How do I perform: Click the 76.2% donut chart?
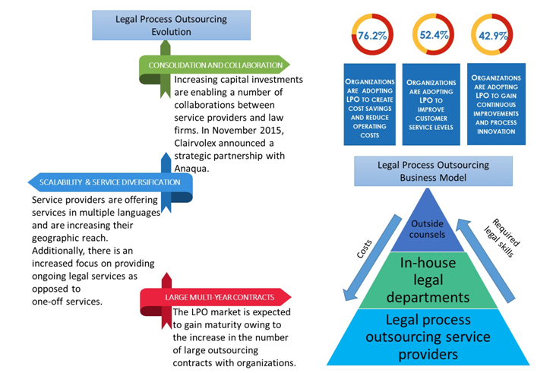372,36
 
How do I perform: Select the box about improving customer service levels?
430,105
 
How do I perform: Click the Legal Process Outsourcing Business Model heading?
434,171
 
